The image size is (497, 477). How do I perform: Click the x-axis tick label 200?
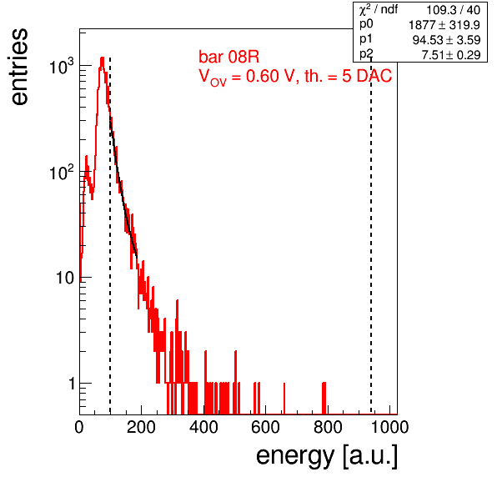[x=141, y=427]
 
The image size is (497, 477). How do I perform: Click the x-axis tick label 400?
[x=203, y=427]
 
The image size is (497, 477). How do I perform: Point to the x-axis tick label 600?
[x=266, y=427]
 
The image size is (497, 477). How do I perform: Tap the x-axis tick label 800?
[x=328, y=427]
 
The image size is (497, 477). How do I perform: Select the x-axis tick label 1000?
[x=389, y=427]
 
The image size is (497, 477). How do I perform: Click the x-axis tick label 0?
[x=79, y=427]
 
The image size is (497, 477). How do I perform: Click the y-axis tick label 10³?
[x=62, y=66]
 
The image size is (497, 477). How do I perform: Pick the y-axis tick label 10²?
[x=62, y=172]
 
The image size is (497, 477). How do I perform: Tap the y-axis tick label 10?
[x=65, y=278]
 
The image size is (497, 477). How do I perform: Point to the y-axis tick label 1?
[x=72, y=384]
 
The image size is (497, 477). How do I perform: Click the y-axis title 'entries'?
[x=20, y=67]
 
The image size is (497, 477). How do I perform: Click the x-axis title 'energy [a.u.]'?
[x=327, y=456]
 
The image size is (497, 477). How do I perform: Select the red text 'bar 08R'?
[x=228, y=57]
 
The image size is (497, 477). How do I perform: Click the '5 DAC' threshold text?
[x=367, y=76]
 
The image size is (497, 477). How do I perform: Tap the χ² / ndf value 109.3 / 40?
[x=454, y=10]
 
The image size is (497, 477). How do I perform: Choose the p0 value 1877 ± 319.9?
[x=444, y=25]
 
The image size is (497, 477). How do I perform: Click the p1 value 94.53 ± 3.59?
[x=447, y=40]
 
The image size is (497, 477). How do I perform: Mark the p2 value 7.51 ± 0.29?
[x=451, y=55]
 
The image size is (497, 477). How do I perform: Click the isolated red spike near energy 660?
[x=284, y=399]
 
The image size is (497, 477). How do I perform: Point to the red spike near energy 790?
[x=324, y=399]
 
